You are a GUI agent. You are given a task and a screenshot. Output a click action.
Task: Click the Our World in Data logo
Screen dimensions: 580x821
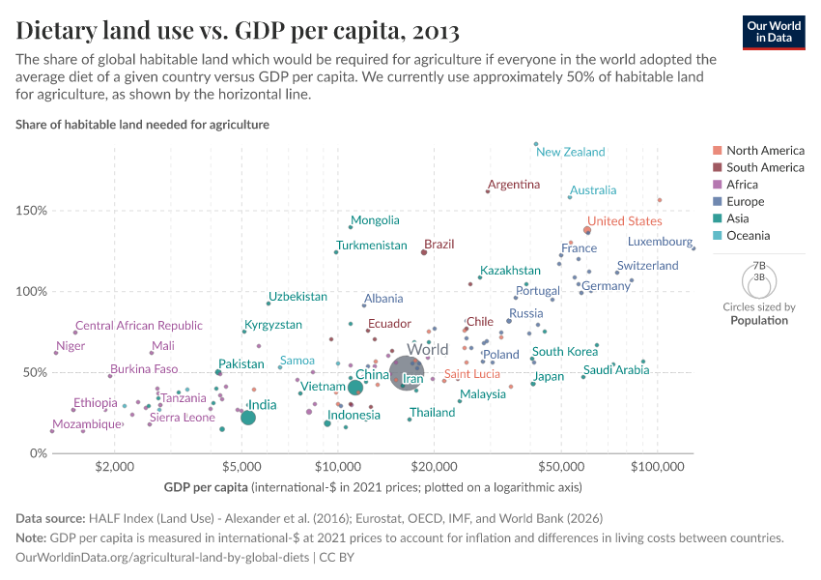pyautogui.click(x=775, y=32)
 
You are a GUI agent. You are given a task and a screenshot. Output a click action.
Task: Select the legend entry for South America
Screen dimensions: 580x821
pyautogui.click(x=765, y=167)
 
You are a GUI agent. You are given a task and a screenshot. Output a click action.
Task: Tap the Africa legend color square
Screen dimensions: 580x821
pyautogui.click(x=716, y=185)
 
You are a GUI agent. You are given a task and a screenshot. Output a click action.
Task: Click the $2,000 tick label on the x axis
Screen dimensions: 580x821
pyautogui.click(x=114, y=466)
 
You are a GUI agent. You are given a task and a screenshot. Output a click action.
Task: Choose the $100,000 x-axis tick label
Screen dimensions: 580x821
pyautogui.click(x=658, y=466)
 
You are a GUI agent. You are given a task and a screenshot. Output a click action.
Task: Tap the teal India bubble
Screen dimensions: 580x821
pyautogui.click(x=248, y=418)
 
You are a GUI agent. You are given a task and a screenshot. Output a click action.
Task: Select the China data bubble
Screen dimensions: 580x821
pyautogui.click(x=355, y=388)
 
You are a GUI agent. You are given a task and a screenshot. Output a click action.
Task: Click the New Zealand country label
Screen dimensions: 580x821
pyautogui.click(x=571, y=152)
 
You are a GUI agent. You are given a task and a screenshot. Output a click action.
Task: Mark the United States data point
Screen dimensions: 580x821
pyautogui.click(x=587, y=231)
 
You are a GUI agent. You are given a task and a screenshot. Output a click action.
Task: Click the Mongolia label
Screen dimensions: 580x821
pyautogui.click(x=375, y=220)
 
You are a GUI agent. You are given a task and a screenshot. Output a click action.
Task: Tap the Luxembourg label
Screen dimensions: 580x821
pyautogui.click(x=660, y=242)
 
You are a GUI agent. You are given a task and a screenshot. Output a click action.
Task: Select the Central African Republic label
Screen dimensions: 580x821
pyautogui.click(x=139, y=326)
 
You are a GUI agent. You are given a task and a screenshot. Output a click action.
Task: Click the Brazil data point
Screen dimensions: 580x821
pyautogui.click(x=424, y=252)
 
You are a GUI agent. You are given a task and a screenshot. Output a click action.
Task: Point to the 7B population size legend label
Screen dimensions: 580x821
pyautogui.click(x=758, y=264)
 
